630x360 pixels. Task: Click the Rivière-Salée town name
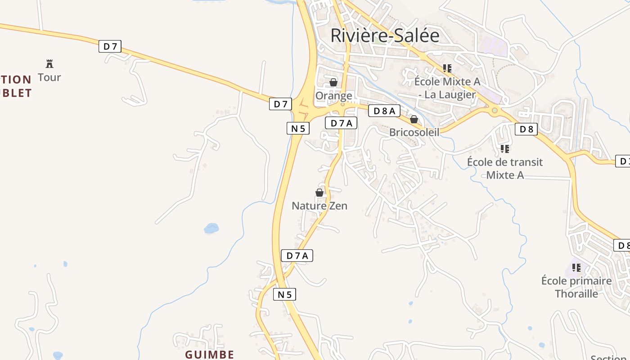click(x=385, y=36)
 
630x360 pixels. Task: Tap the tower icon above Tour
click(x=49, y=63)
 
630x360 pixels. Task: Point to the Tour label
click(x=49, y=77)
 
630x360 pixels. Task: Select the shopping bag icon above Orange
click(x=333, y=82)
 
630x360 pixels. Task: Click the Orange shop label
click(x=333, y=96)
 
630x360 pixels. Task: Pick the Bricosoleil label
click(x=414, y=132)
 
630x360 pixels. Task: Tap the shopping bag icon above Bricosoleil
click(x=414, y=119)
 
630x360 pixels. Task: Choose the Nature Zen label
click(x=319, y=206)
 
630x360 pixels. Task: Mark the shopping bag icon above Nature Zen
click(x=319, y=193)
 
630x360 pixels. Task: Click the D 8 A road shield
click(x=384, y=111)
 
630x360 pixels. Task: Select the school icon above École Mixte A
click(x=447, y=68)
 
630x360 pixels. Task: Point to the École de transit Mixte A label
click(x=505, y=168)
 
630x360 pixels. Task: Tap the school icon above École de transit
click(x=505, y=148)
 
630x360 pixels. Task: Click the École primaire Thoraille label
click(x=576, y=287)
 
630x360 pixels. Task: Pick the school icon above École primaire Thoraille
click(x=576, y=268)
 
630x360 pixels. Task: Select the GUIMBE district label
click(x=210, y=355)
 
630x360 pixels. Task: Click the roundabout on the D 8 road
click(x=495, y=110)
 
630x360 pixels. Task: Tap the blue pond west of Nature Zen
click(x=211, y=228)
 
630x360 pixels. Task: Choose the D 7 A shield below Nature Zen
click(x=297, y=256)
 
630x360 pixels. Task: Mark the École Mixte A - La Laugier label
click(x=447, y=88)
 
